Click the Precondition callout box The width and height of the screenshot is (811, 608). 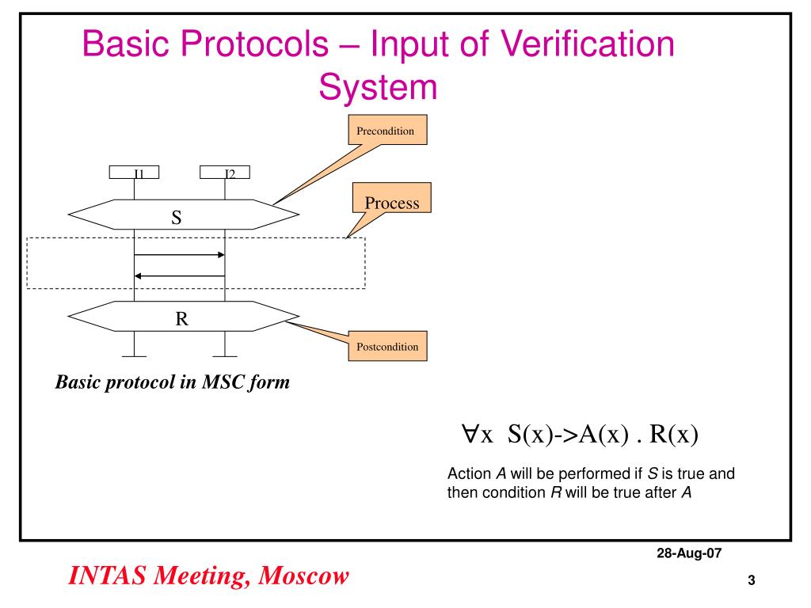pyautogui.click(x=387, y=131)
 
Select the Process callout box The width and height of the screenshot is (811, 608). pyautogui.click(x=391, y=203)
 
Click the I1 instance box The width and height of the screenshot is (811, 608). pyautogui.click(x=135, y=171)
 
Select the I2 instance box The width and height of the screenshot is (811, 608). pyautogui.click(x=225, y=171)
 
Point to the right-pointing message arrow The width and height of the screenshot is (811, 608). pyautogui.click(x=180, y=255)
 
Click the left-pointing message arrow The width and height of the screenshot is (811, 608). pyautogui.click(x=180, y=275)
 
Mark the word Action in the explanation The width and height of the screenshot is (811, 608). pyautogui.click(x=470, y=475)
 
